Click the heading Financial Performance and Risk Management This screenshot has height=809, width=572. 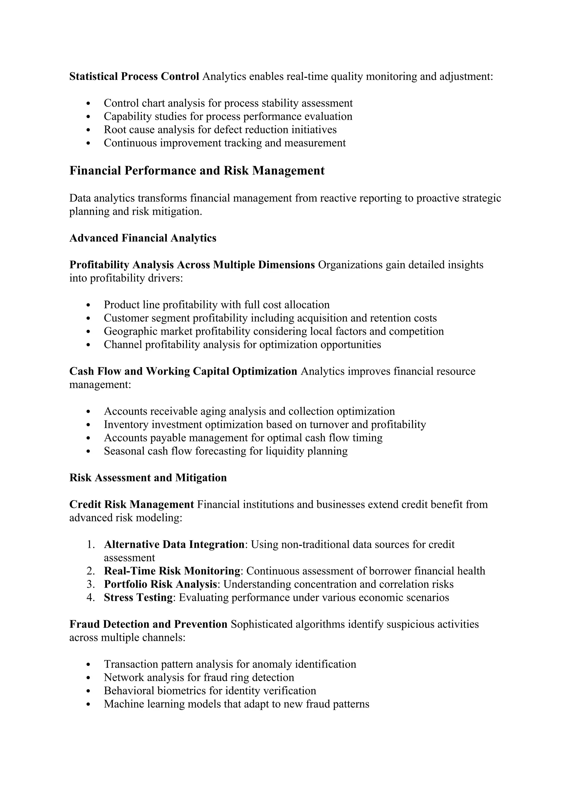pyautogui.click(x=197, y=171)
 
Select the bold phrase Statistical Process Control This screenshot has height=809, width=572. pyautogui.click(x=134, y=77)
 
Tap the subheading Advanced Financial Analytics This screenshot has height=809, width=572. pyautogui.click(x=143, y=238)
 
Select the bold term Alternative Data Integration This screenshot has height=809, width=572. pyautogui.click(x=174, y=544)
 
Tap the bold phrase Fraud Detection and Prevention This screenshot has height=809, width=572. pyautogui.click(x=148, y=624)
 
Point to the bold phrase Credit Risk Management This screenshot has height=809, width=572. pyautogui.click(x=131, y=505)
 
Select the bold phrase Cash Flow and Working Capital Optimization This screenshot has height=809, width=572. pyautogui.click(x=183, y=371)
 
